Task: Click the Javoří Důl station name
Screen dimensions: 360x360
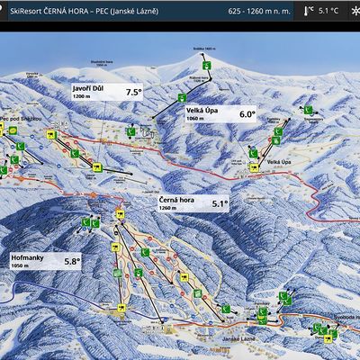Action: point(91,86)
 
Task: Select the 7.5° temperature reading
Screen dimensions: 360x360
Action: point(134,92)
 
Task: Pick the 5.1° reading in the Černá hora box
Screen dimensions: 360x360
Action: point(220,204)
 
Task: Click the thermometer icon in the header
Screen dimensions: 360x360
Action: point(310,11)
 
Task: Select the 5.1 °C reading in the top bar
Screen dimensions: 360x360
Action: point(331,11)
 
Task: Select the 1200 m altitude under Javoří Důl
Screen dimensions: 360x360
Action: point(82,95)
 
